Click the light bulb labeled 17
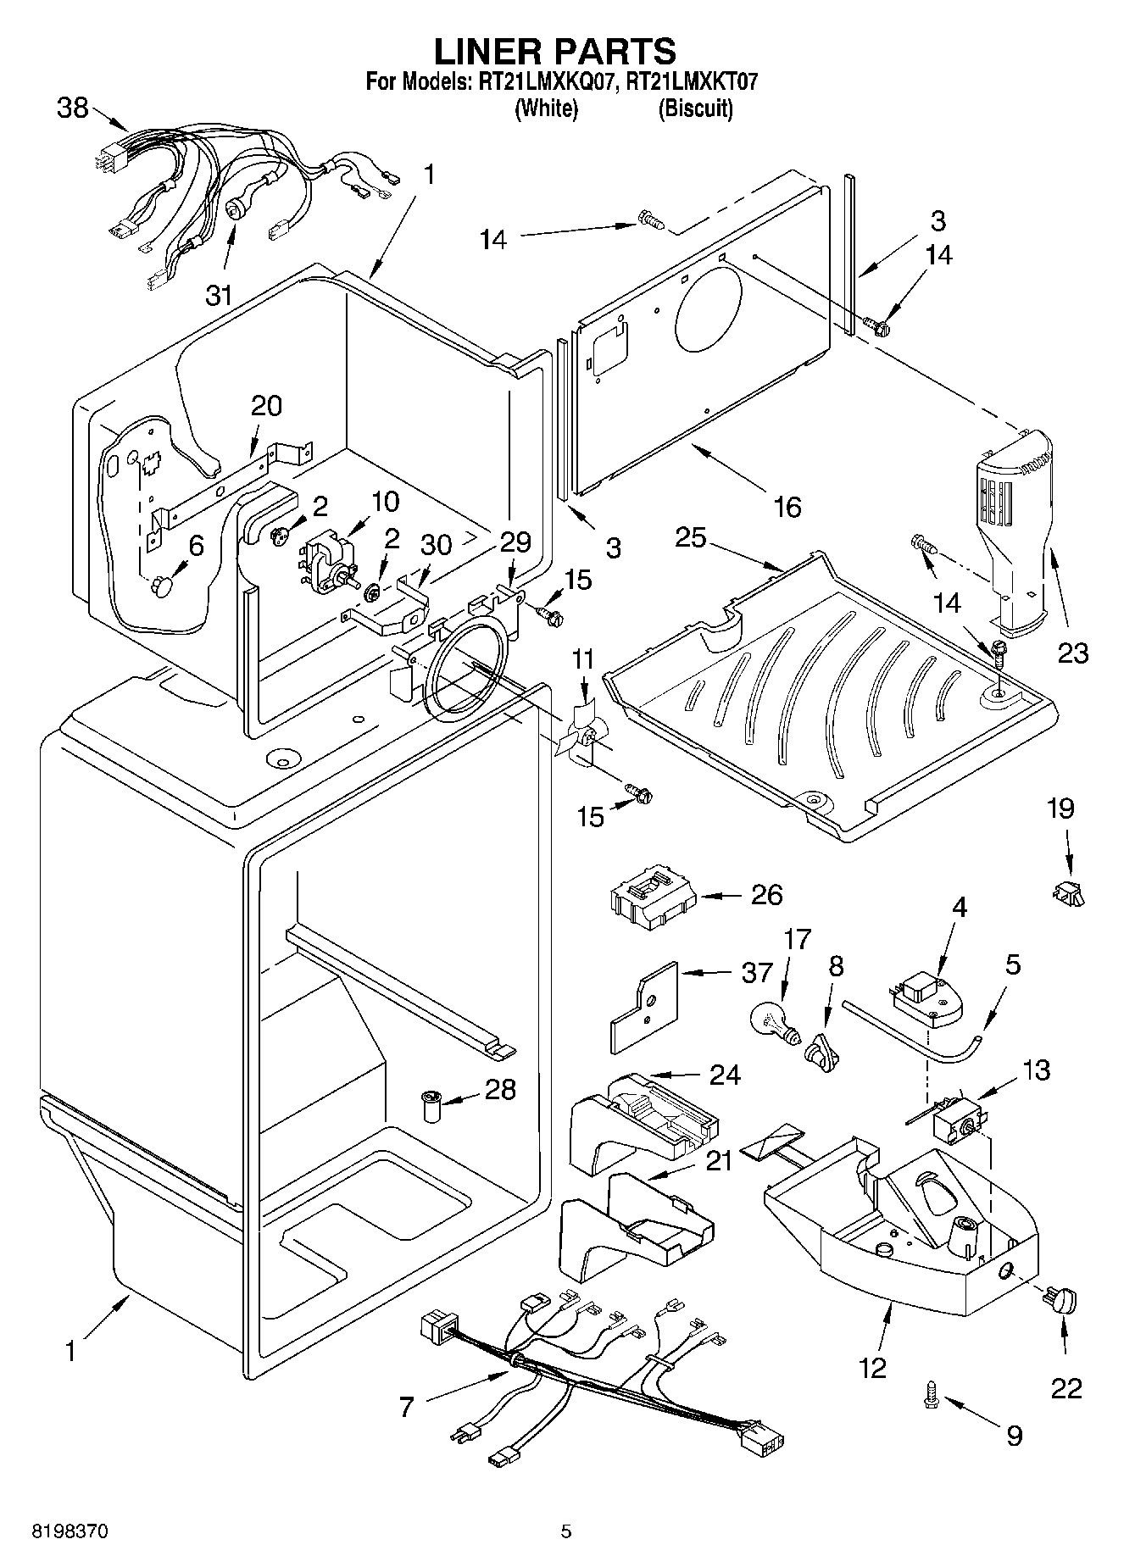click(774, 1016)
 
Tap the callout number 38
click(73, 108)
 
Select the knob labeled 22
click(1065, 1297)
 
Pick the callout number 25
click(691, 537)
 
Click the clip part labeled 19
click(1068, 892)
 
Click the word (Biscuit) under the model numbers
click(695, 108)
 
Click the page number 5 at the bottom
click(566, 1531)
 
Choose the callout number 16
click(787, 507)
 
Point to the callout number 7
click(406, 1408)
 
